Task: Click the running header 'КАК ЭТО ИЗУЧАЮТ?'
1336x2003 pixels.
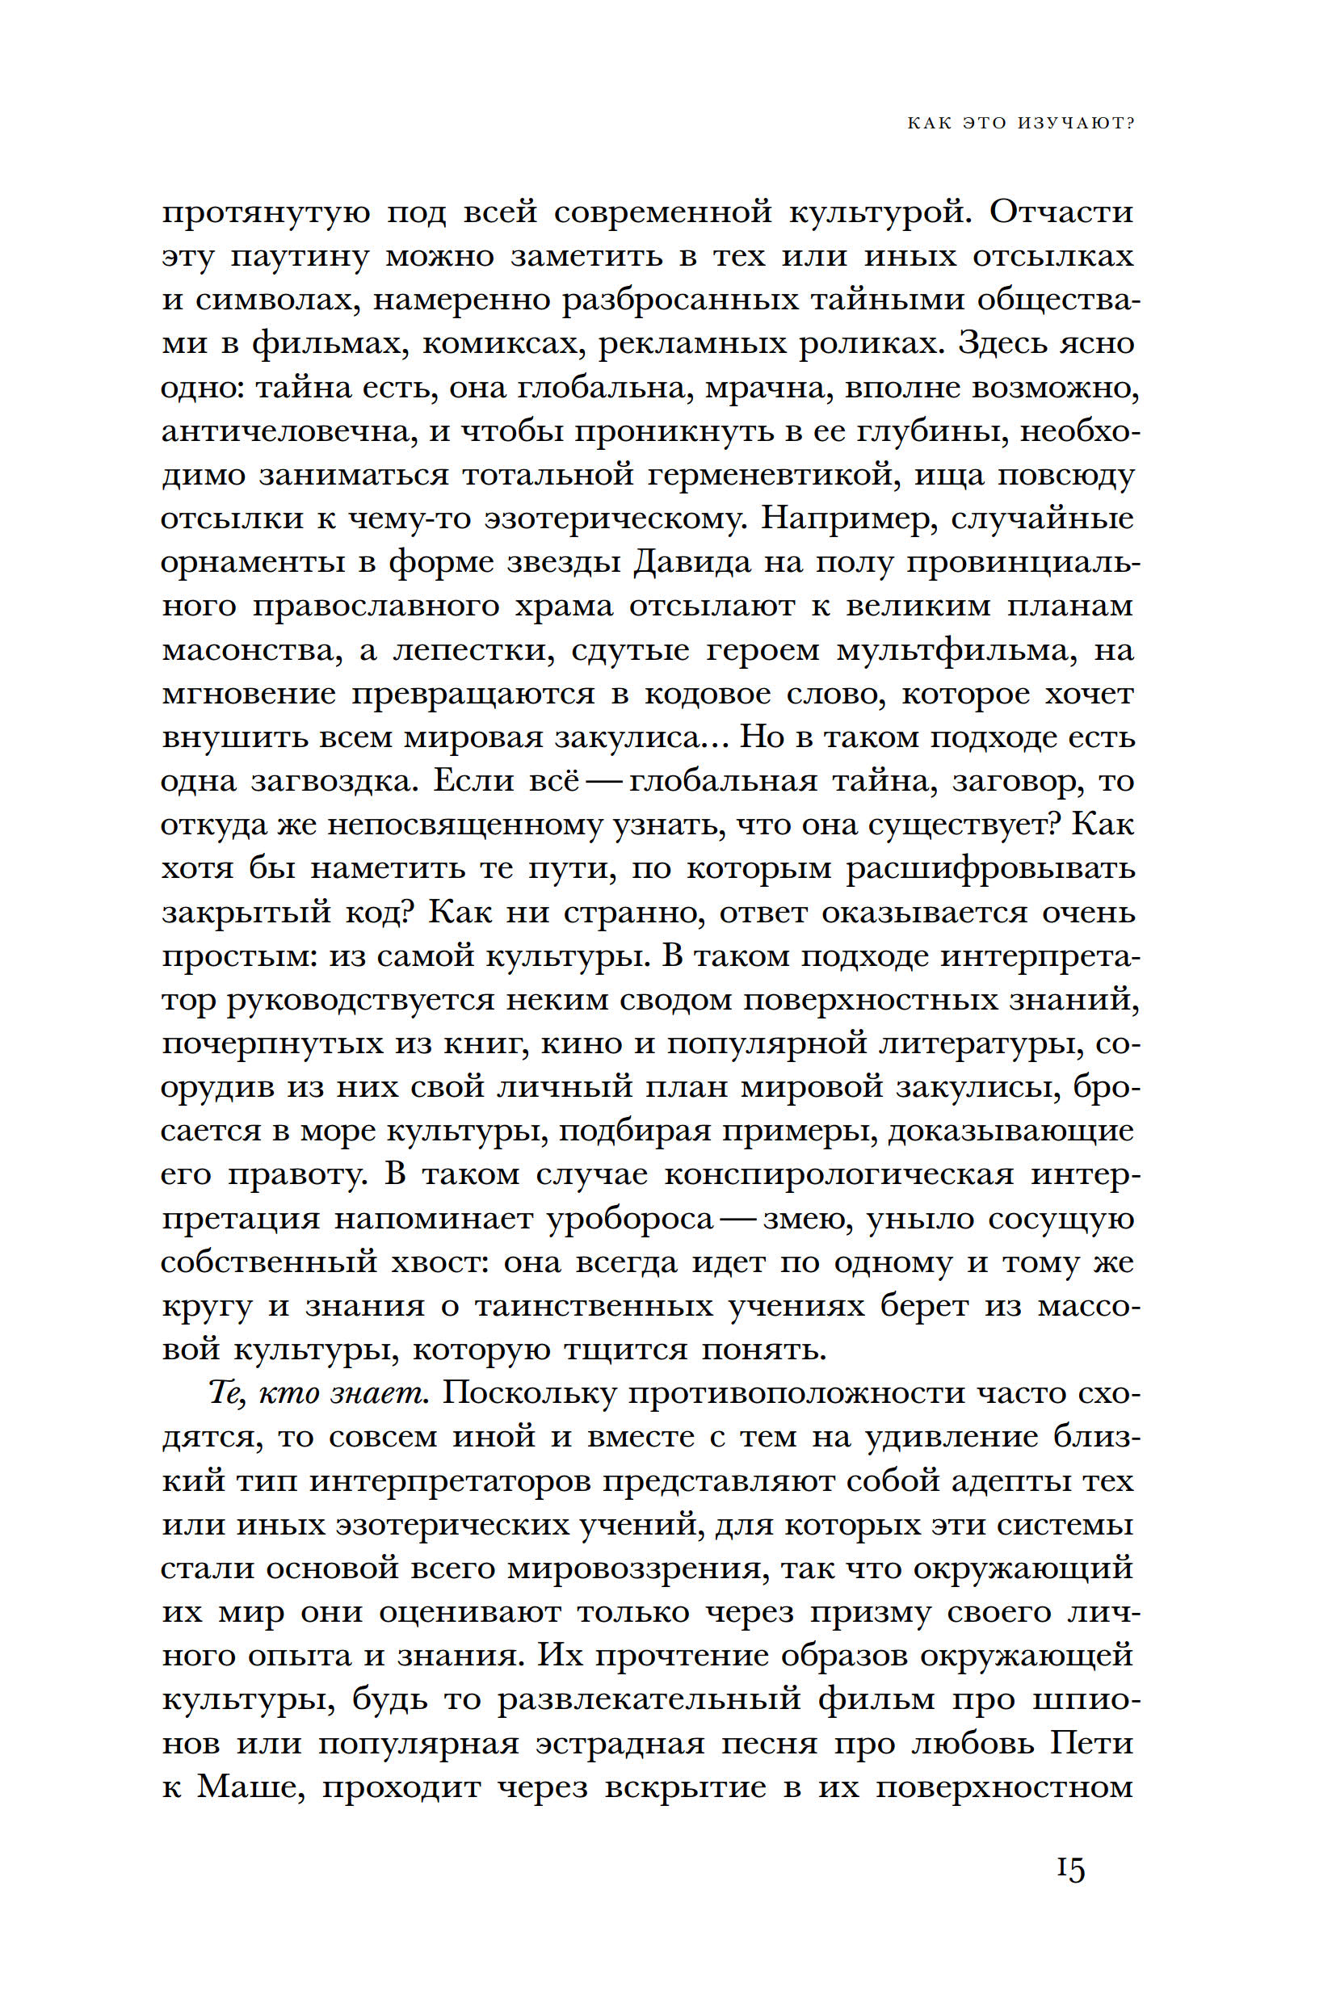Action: click(1021, 124)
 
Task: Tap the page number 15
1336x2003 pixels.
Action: click(1071, 1869)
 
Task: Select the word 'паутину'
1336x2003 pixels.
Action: click(300, 257)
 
